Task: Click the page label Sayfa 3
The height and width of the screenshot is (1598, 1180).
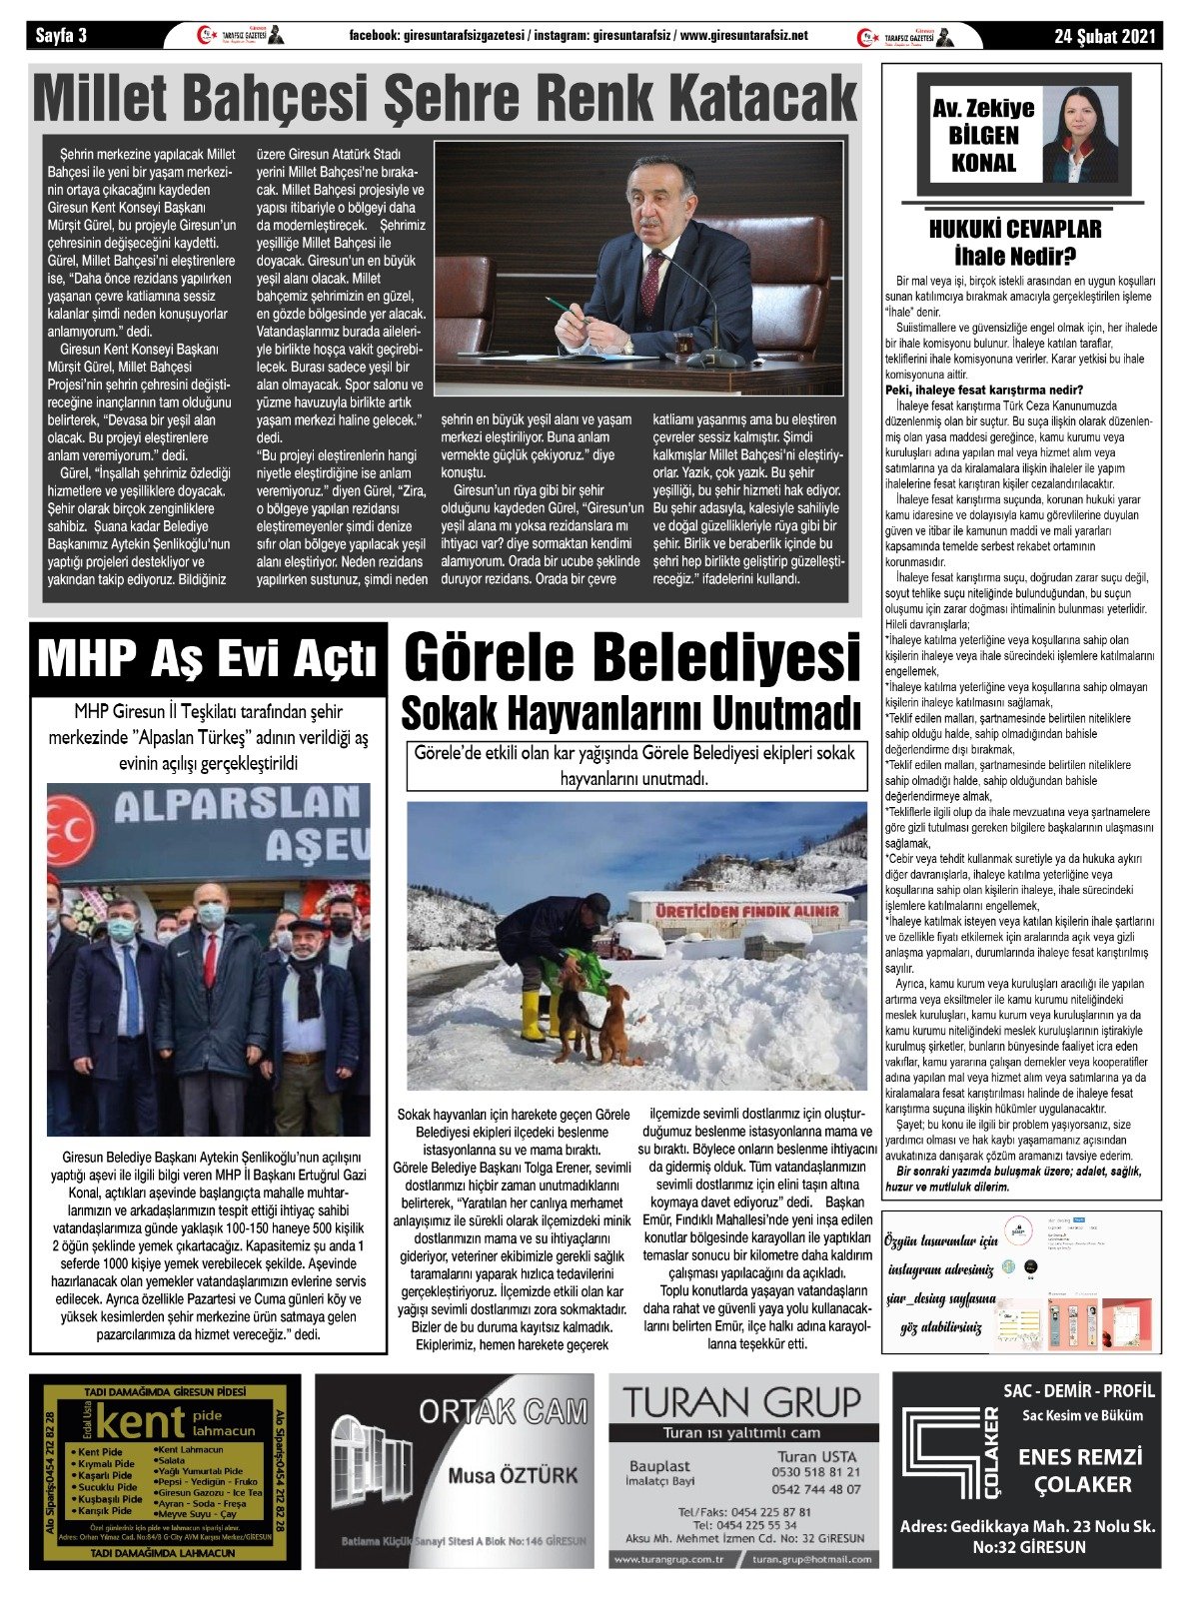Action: click(62, 36)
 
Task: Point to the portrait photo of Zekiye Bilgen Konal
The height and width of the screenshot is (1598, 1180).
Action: click(1079, 134)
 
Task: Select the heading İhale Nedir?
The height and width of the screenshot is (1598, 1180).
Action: click(1014, 256)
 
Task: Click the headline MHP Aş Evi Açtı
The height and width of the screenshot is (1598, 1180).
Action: click(208, 658)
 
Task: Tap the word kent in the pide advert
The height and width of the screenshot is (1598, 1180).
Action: click(141, 1421)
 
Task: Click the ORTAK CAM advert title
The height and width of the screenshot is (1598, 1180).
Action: click(503, 1411)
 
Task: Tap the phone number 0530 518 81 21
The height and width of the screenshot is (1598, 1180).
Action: click(815, 1472)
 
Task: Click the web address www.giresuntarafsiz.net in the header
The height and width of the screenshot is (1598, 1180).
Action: click(743, 36)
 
